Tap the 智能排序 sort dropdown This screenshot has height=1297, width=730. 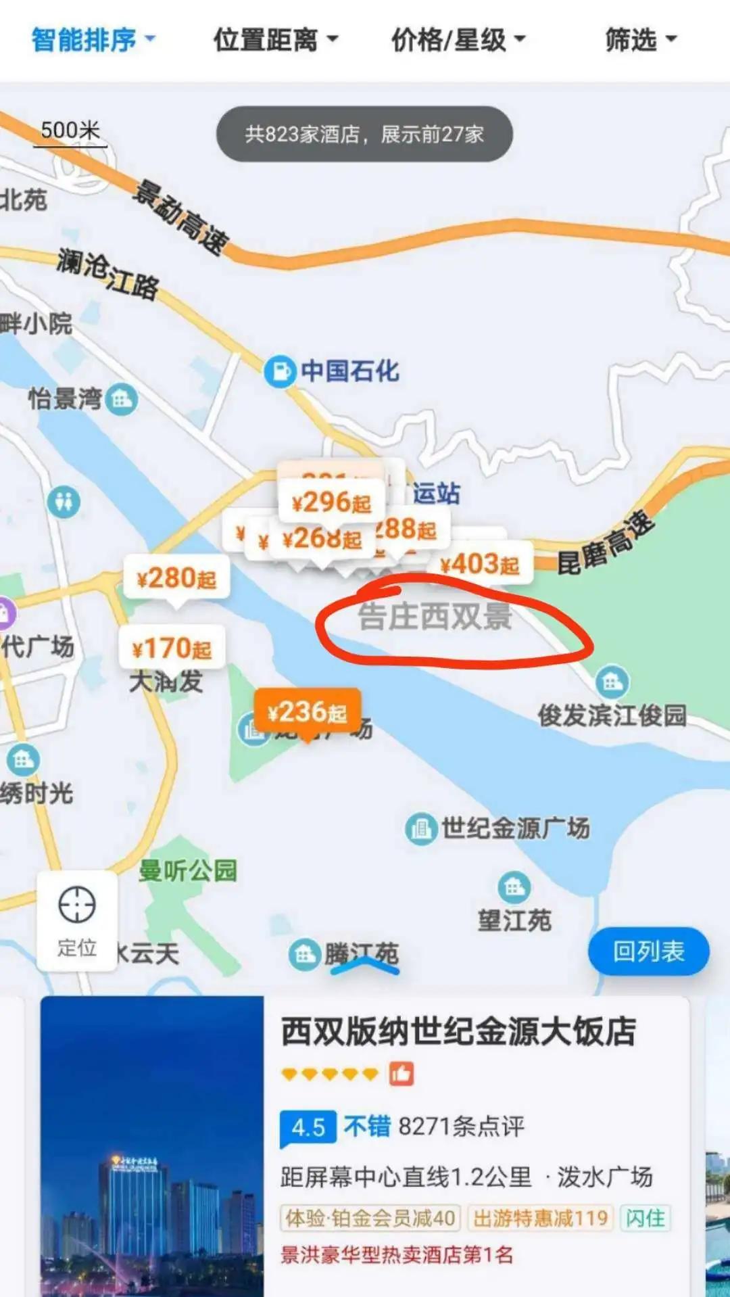coord(93,40)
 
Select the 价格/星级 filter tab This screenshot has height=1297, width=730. coord(458,40)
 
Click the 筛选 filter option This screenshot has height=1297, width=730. coord(639,40)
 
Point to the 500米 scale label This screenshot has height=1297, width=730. coord(70,130)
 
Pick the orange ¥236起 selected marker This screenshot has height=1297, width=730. coord(308,712)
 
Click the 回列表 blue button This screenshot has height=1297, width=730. coord(648,951)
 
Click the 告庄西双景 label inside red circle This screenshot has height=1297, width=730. coord(435,617)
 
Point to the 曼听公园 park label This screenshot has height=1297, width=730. coord(188,870)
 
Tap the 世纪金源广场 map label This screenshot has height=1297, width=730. coord(515,828)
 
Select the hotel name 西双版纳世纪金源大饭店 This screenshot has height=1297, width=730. coord(458,1032)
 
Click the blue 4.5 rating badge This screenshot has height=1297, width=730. coord(308,1127)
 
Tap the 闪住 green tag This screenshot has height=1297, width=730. coord(645,1218)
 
